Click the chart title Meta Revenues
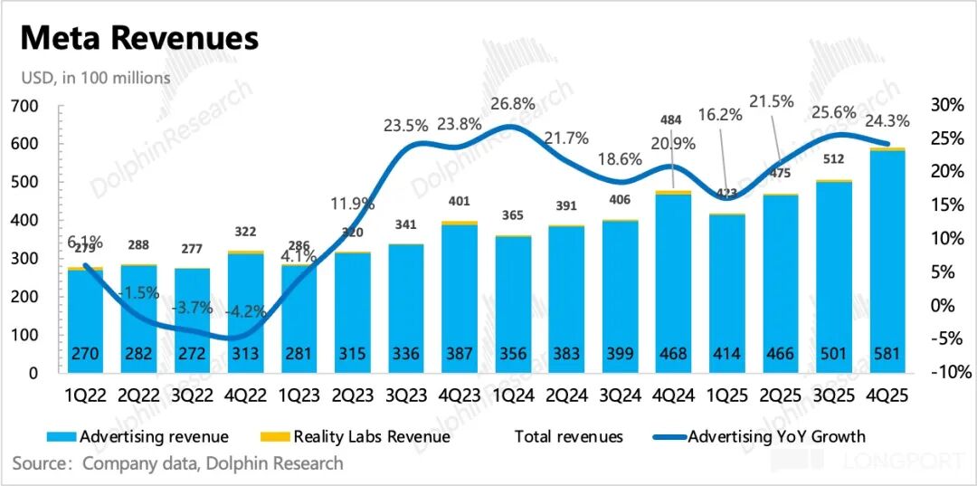tap(139, 38)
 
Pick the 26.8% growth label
tap(512, 104)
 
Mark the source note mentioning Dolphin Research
tap(178, 463)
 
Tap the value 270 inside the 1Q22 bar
tap(85, 352)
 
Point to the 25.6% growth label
tap(826, 114)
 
